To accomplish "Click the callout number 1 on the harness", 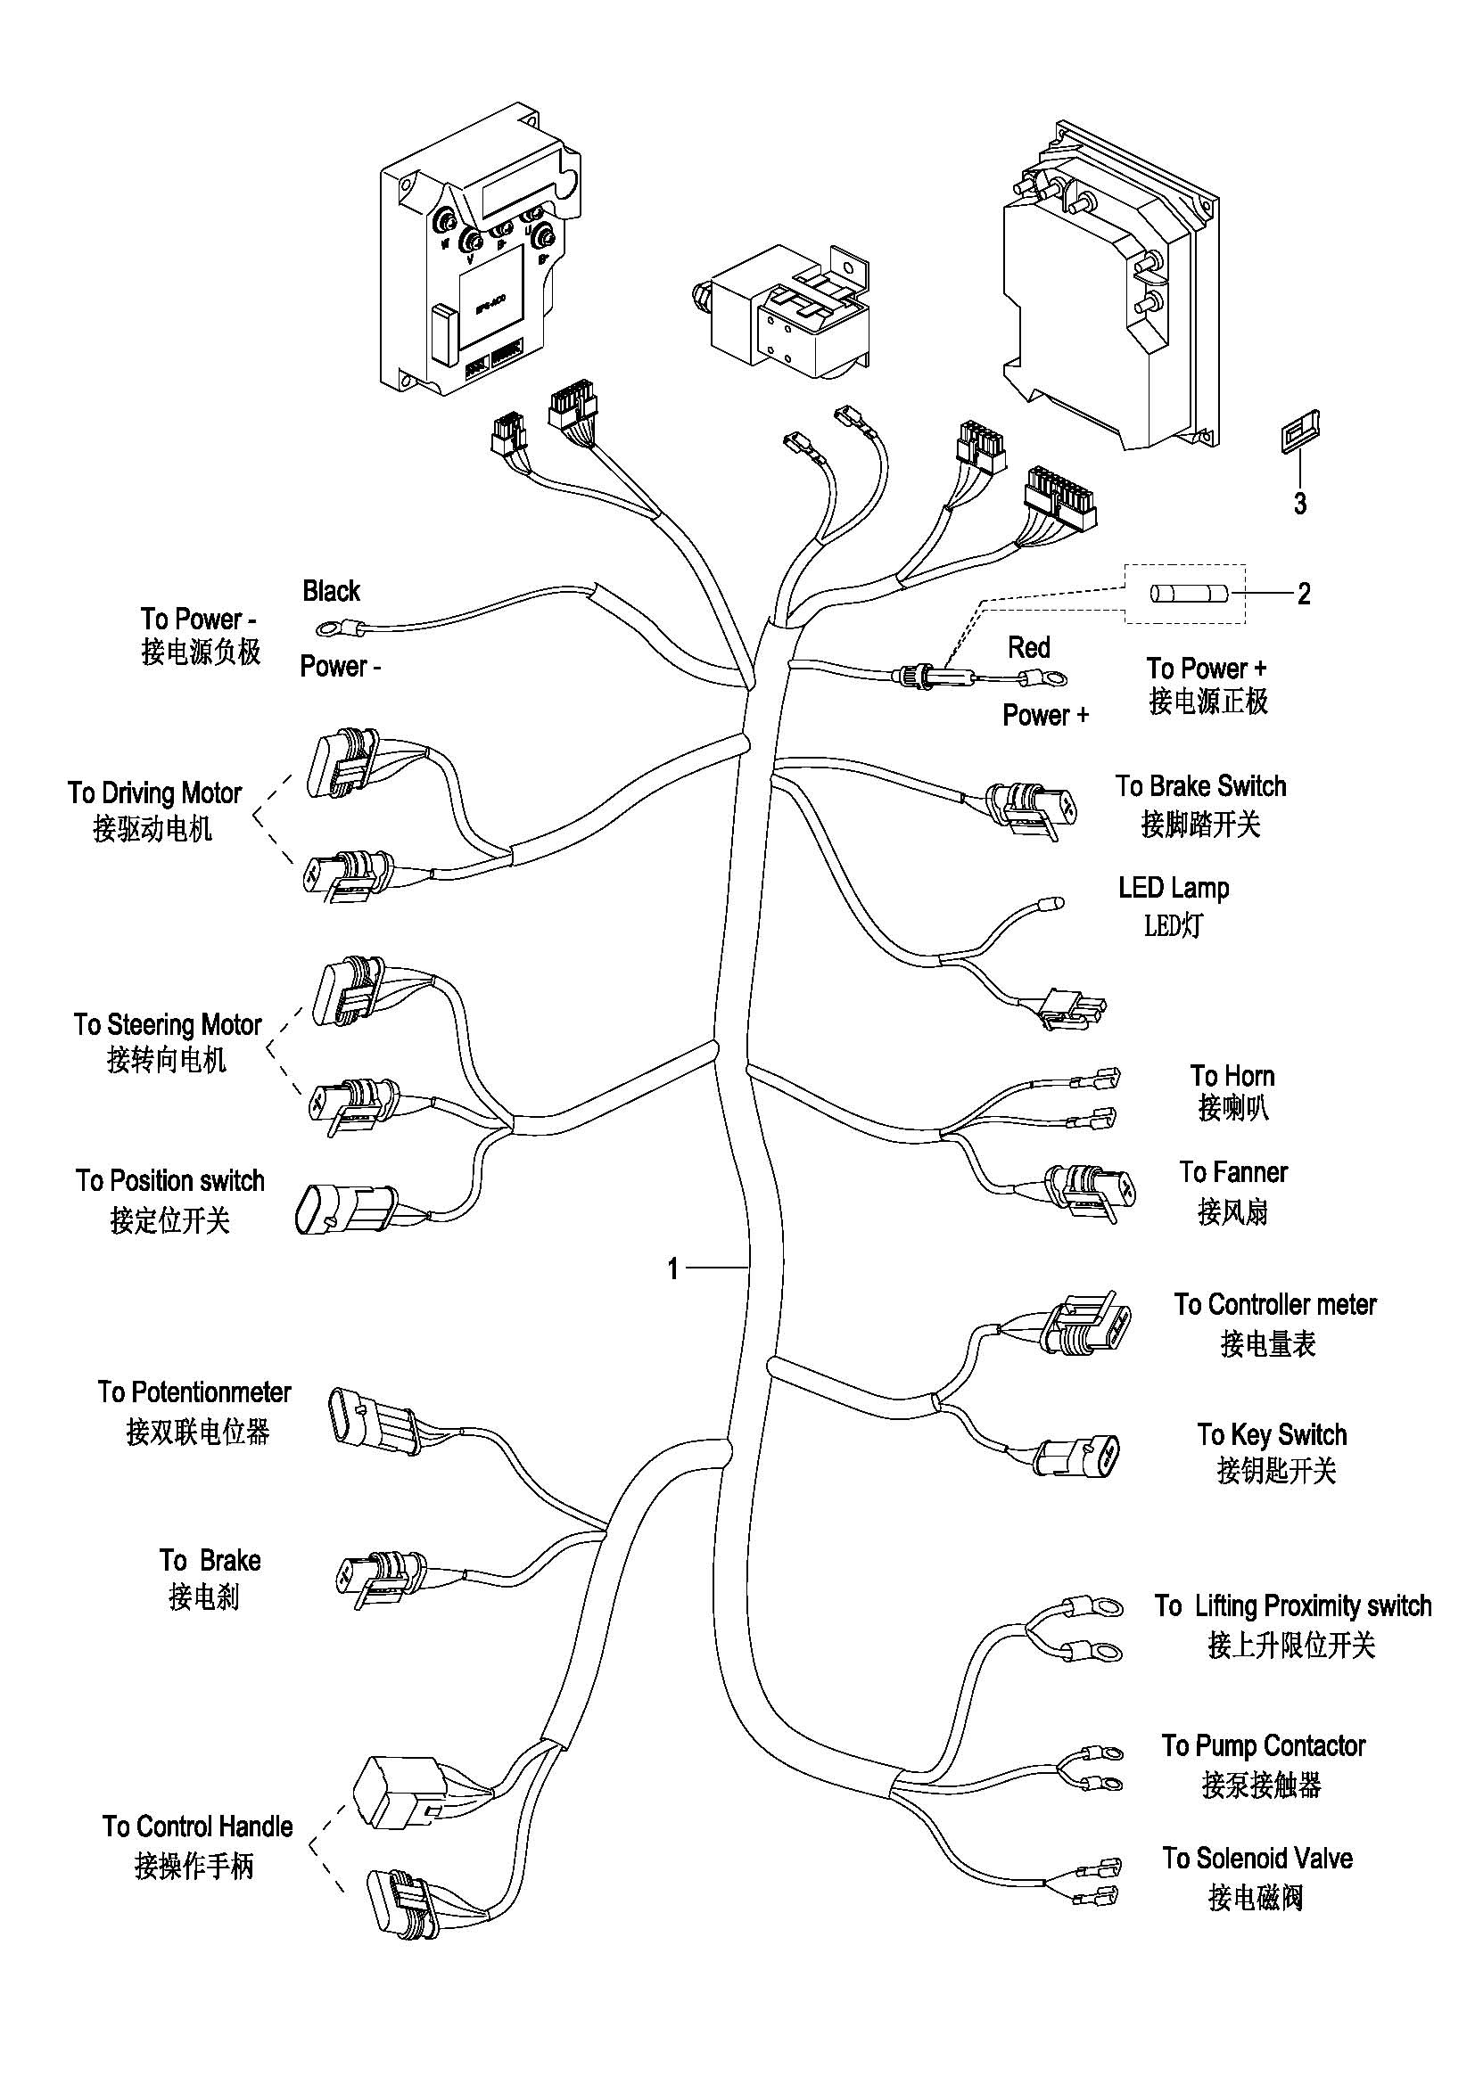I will [673, 1268].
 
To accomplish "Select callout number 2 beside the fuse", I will [1304, 594].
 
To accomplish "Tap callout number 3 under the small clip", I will [1299, 503].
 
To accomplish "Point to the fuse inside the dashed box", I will [1189, 594].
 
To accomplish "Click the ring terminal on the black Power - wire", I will [325, 628].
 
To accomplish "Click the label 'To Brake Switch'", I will [1200, 786].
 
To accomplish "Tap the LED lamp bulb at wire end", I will [1054, 903].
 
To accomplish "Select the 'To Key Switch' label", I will [1272, 1435].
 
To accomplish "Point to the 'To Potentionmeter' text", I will [194, 1392].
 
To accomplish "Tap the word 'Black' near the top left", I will [332, 591].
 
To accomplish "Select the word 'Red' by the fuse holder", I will [1028, 647].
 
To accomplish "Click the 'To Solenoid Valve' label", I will [1257, 1858].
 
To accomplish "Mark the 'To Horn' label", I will [1232, 1076].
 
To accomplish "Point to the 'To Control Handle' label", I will [197, 1826].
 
